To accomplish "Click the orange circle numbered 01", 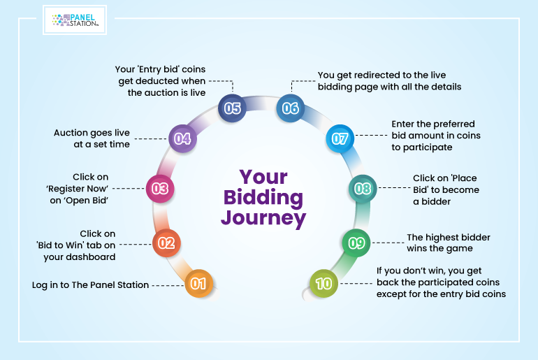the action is (199, 284).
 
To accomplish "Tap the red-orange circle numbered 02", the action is (166, 243).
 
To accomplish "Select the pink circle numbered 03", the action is (160, 189).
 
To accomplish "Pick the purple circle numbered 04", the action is (182, 138).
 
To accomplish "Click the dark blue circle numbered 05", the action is (232, 108).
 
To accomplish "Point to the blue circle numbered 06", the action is (290, 108).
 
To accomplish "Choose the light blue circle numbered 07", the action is (340, 138).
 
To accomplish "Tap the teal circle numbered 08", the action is (363, 189).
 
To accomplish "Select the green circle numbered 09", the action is (356, 243).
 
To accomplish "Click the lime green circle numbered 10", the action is (323, 284).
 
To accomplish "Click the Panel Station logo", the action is (75, 20).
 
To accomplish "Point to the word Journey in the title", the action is (263, 218).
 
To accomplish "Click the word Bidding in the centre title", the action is (263, 198).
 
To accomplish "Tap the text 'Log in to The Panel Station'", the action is (91, 285).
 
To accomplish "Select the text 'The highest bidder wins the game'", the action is (449, 243).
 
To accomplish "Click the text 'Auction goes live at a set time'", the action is (92, 138).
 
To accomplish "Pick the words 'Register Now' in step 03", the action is (77, 189).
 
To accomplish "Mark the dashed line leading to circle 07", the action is (372, 135).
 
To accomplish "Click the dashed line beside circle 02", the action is (135, 245).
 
